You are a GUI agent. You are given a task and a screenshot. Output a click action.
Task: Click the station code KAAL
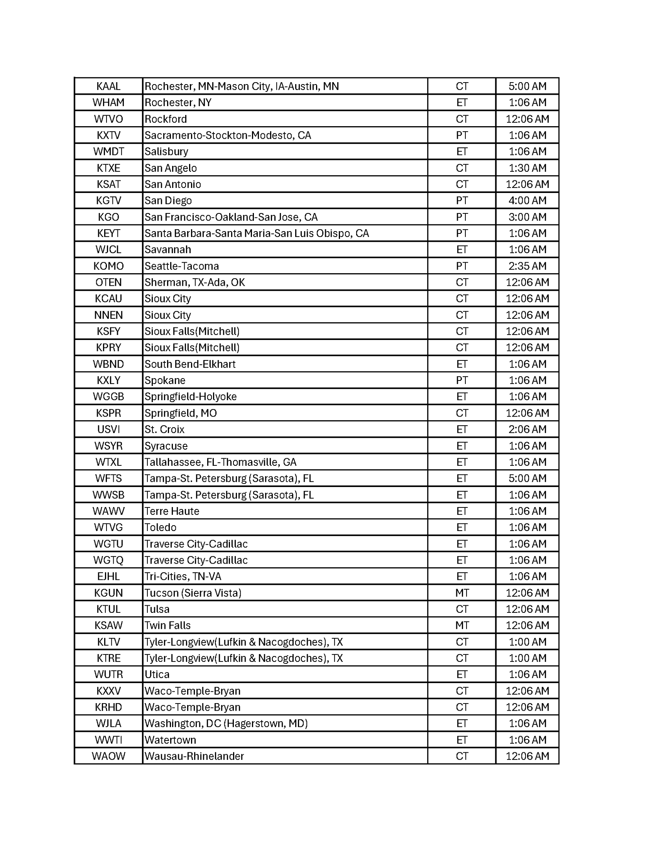tap(108, 86)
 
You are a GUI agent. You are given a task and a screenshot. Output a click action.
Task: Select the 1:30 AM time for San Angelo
tap(527, 168)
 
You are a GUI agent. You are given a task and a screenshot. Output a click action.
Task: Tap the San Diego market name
tap(168, 200)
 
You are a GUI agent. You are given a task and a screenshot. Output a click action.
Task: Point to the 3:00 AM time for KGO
tap(527, 217)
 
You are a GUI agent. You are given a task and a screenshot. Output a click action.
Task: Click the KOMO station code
tap(108, 266)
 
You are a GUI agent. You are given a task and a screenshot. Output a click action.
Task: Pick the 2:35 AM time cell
tap(527, 266)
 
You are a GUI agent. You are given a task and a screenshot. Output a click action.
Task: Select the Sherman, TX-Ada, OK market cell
tap(195, 282)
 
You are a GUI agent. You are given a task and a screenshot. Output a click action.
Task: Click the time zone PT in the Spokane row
tap(461, 380)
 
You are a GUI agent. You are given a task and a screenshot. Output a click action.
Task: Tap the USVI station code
tap(108, 429)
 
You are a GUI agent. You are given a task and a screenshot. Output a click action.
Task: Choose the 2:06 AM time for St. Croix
tap(527, 429)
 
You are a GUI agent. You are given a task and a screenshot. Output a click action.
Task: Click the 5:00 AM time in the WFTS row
tap(527, 478)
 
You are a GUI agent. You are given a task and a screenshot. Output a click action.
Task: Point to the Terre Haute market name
tap(172, 511)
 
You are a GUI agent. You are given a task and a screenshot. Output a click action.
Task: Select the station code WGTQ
tap(108, 560)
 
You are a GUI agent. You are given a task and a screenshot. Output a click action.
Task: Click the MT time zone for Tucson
tap(461, 593)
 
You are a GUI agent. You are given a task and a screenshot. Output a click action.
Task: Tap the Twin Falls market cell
tap(167, 625)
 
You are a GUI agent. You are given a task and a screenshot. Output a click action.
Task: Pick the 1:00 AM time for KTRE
tap(527, 658)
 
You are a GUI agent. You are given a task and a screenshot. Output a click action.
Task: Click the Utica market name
tap(157, 674)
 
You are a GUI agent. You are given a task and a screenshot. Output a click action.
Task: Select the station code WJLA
tap(108, 723)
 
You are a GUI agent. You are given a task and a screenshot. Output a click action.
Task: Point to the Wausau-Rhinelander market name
tap(194, 756)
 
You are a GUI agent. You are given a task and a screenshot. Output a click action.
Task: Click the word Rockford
tap(165, 119)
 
